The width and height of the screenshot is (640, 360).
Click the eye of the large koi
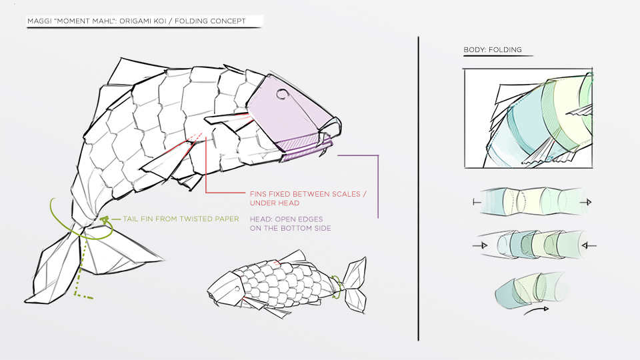(x=282, y=95)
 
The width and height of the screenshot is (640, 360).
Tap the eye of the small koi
(x=237, y=289)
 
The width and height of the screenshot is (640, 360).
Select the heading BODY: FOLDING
(x=492, y=50)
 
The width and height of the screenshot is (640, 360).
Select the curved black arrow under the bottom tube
(x=536, y=311)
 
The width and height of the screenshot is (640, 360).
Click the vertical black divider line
(x=418, y=189)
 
